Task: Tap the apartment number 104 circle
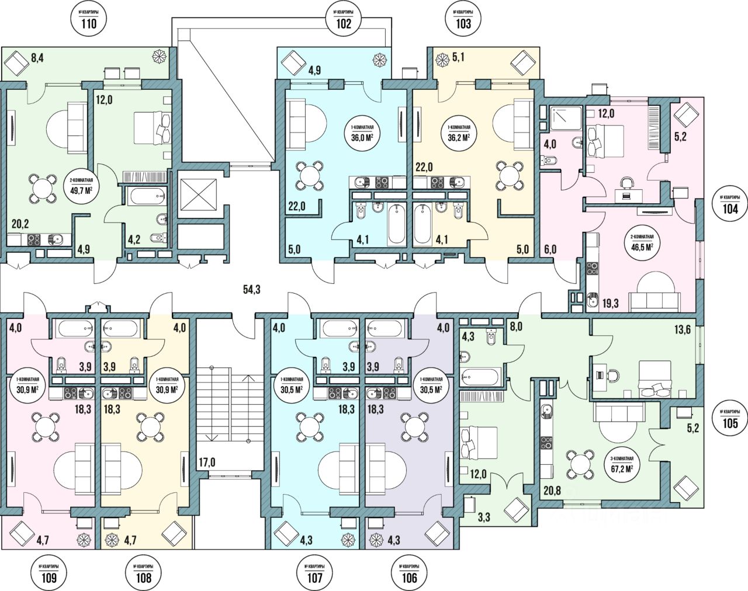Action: point(729,205)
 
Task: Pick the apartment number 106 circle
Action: point(410,574)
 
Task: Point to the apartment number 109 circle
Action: point(49,574)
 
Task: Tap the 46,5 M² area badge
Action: point(640,244)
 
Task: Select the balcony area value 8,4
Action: point(37,57)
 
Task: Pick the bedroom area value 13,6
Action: point(683,329)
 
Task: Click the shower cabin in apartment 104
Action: point(566,118)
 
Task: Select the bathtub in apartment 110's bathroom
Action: point(146,196)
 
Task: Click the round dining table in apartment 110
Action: point(43,188)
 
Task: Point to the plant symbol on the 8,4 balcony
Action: point(159,57)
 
